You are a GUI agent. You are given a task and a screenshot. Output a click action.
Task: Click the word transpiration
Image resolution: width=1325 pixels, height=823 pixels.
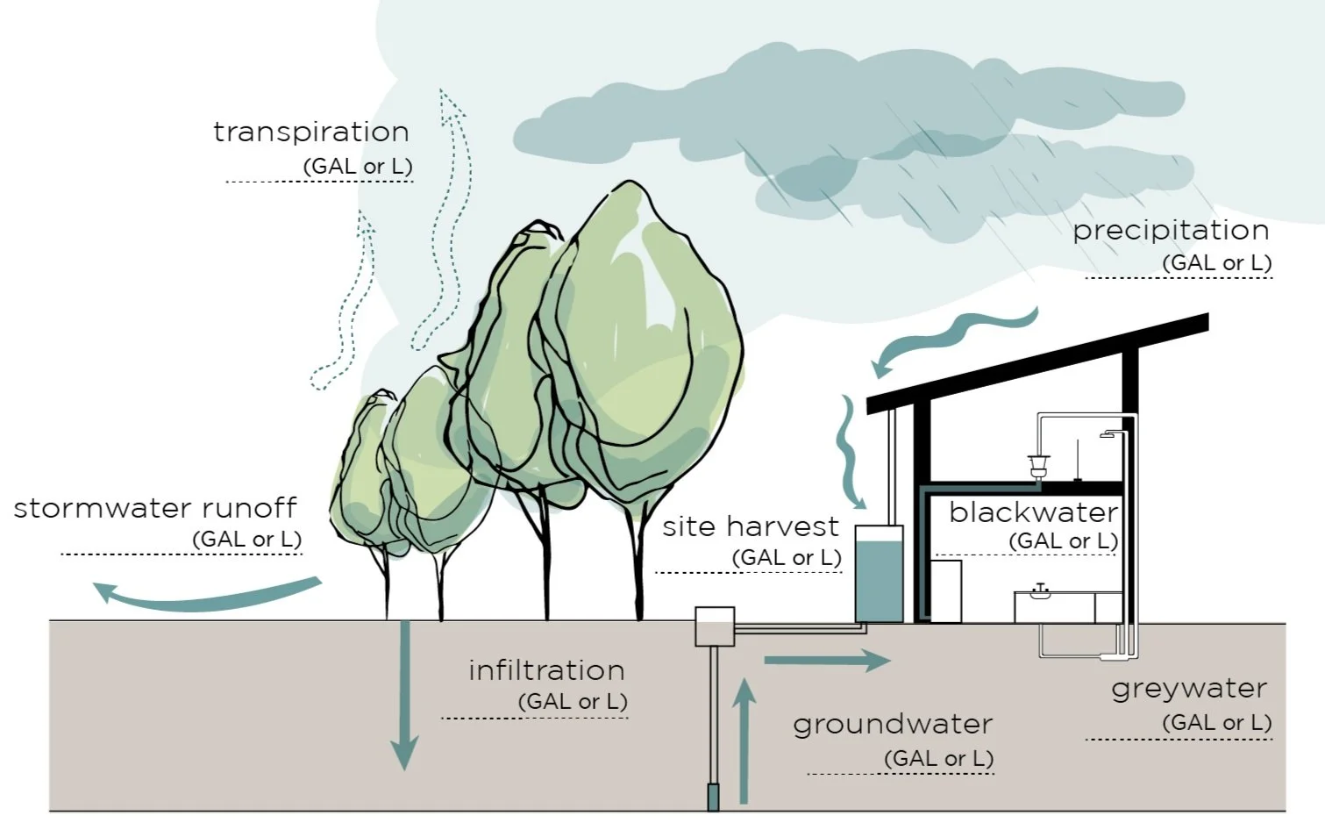(x=311, y=132)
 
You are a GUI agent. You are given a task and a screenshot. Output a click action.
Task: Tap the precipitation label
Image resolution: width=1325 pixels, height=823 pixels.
(x=1171, y=230)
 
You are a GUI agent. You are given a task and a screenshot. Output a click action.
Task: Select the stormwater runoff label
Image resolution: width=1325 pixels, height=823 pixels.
(x=155, y=508)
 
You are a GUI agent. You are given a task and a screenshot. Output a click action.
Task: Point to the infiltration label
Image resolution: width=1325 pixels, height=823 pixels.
(x=546, y=670)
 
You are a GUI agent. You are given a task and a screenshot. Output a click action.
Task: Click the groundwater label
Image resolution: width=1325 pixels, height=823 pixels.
(x=893, y=725)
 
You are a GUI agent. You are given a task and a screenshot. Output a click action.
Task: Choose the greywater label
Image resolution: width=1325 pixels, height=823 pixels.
(x=1189, y=689)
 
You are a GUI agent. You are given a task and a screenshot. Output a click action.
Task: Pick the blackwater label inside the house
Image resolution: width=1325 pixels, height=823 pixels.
(x=1033, y=512)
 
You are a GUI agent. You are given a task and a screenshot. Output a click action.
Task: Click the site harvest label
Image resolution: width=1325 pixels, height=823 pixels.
(x=751, y=526)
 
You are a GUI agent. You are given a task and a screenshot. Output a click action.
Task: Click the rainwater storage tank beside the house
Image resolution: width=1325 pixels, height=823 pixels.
(x=879, y=575)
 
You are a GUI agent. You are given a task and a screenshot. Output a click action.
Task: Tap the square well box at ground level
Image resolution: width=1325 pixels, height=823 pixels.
(x=715, y=626)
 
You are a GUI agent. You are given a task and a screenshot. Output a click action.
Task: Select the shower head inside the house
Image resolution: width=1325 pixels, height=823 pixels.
(x=1110, y=434)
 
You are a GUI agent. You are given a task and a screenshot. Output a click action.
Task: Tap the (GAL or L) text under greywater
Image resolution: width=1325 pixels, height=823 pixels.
(x=1216, y=723)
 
